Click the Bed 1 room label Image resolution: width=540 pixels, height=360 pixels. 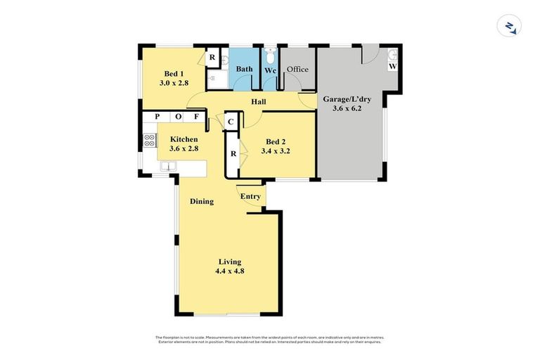tap(174, 74)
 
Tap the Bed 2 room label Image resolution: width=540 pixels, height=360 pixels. tap(276, 141)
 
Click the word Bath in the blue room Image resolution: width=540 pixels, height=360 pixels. tap(244, 69)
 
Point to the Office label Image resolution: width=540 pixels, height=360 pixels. tap(297, 69)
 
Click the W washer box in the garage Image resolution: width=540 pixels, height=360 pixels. tap(393, 67)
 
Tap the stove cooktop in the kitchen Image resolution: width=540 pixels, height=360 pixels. tap(149, 140)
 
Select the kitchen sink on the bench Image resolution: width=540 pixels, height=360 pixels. tap(168, 167)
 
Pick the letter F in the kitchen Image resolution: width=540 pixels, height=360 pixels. tap(197, 117)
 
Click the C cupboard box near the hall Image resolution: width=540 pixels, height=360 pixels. tap(230, 122)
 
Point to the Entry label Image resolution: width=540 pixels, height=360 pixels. tap(251, 196)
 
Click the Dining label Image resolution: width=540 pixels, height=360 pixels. tap(202, 202)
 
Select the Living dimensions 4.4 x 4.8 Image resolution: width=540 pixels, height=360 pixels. tap(230, 271)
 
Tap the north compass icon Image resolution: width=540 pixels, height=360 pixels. tap(507, 27)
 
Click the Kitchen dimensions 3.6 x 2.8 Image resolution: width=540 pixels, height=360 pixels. tap(184, 149)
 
